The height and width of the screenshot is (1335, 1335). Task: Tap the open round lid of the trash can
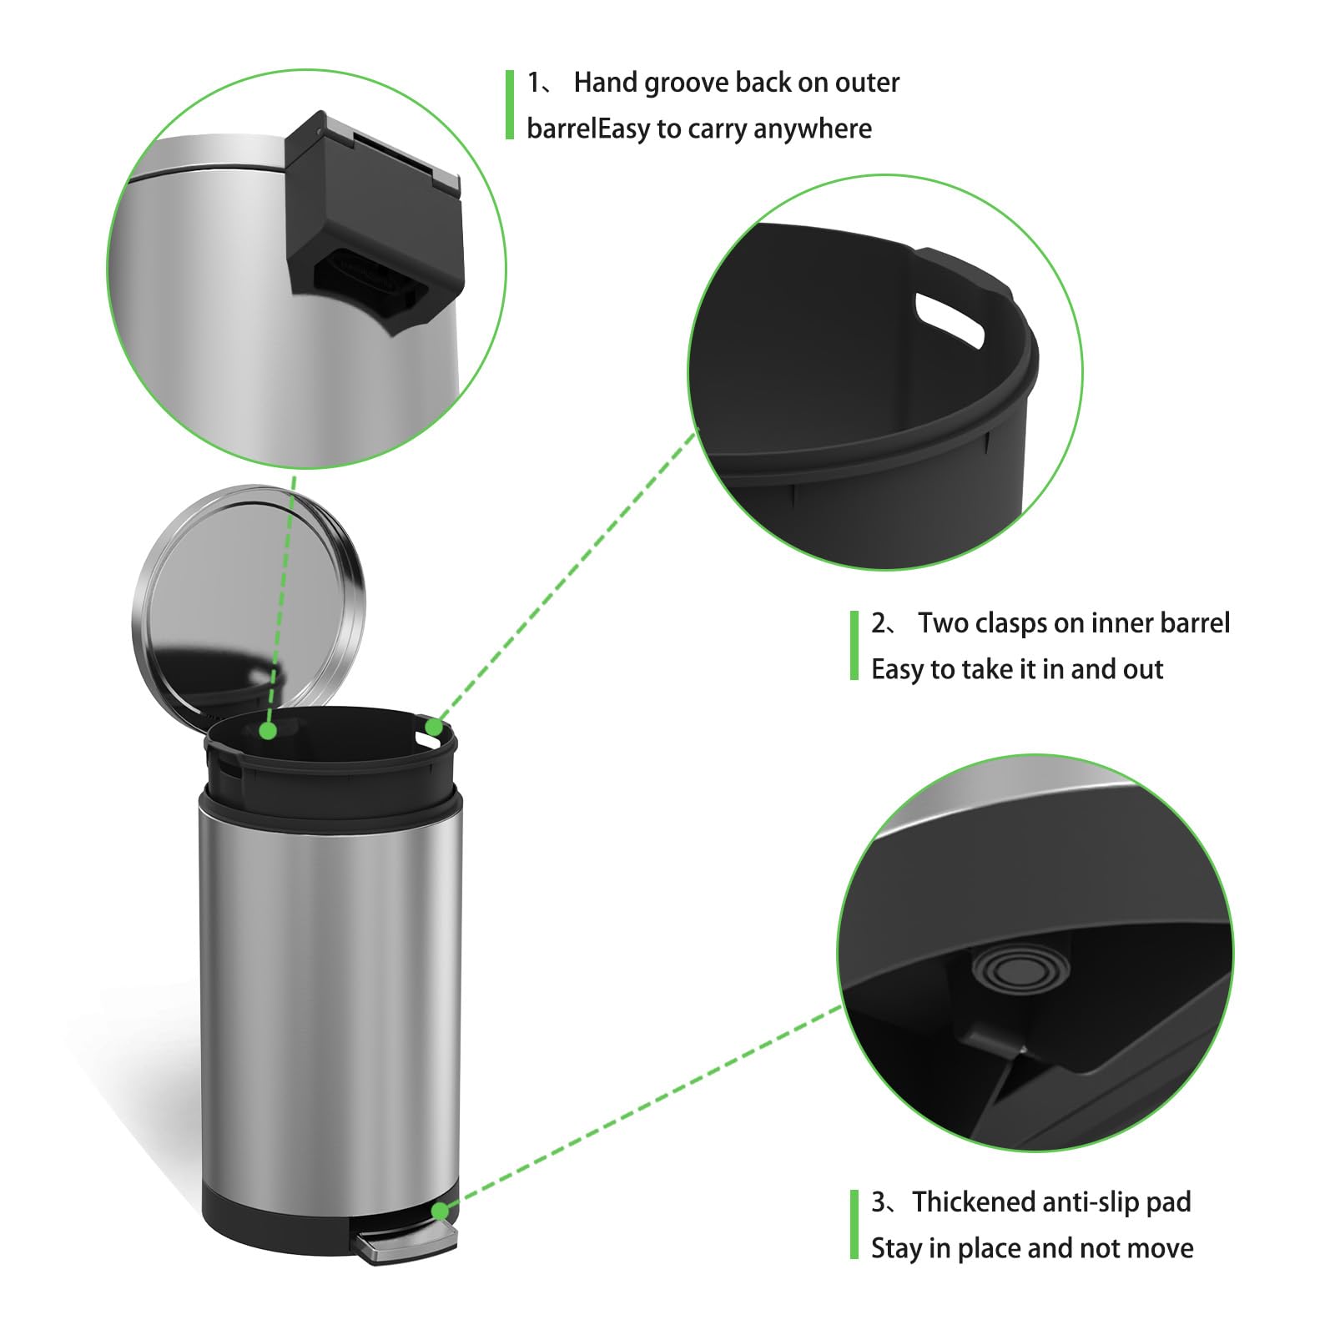[x=249, y=597]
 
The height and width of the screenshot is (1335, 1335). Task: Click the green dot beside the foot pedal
[x=440, y=1211]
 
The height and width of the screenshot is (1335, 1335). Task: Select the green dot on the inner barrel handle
[x=434, y=728]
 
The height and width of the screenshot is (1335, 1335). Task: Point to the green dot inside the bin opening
[x=268, y=731]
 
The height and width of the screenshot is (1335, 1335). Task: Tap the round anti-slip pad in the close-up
[x=1020, y=970]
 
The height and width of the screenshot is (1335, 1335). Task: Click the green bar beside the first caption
[x=510, y=105]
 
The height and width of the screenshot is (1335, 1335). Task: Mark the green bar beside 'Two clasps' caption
[x=854, y=646]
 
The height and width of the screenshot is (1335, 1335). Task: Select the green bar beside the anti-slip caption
[x=854, y=1224]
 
